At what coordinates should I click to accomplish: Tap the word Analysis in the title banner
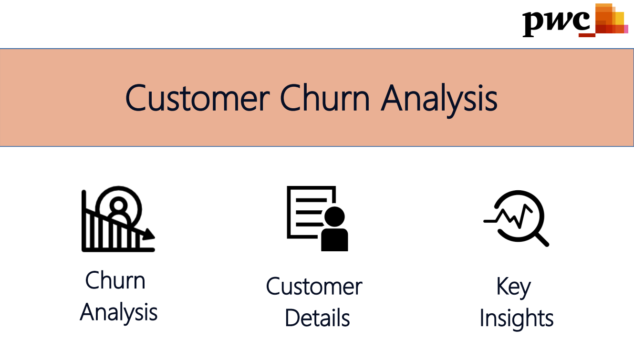coord(439,99)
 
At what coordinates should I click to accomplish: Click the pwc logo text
coord(556,21)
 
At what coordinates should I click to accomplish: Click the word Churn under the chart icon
coord(115,280)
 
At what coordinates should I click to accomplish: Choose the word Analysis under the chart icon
coord(119,312)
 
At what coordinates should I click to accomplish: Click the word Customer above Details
coord(314,287)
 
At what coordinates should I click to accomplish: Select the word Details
coord(317,318)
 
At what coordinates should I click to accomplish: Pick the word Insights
coord(516,318)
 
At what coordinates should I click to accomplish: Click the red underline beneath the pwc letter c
coord(587,35)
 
